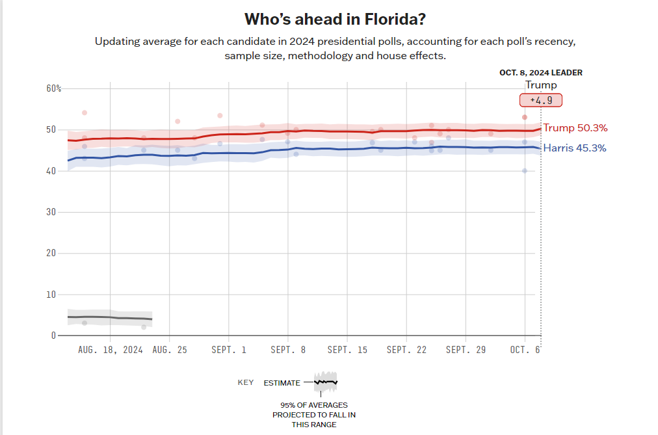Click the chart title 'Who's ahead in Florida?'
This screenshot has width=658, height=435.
tap(330, 18)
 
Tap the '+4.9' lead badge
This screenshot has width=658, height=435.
tap(540, 100)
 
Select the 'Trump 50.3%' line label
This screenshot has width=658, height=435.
tap(575, 128)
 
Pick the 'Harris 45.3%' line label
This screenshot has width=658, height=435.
tap(575, 148)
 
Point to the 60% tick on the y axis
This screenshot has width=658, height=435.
tap(53, 88)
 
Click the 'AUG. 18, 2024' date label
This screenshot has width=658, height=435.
tap(111, 350)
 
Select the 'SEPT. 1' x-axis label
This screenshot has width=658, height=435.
tap(229, 350)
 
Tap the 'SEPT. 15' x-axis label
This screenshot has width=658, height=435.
tap(347, 350)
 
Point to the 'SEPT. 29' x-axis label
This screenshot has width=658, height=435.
tap(466, 350)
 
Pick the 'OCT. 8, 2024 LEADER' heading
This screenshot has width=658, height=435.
tap(541, 73)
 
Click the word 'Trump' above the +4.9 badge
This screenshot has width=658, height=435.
tap(541, 85)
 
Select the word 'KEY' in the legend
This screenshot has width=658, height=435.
tap(246, 382)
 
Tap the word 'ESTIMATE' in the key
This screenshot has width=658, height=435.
tap(282, 383)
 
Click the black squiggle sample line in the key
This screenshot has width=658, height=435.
tap(326, 382)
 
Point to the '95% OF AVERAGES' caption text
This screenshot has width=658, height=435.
tap(314, 405)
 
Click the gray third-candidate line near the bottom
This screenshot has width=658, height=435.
tap(111, 317)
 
